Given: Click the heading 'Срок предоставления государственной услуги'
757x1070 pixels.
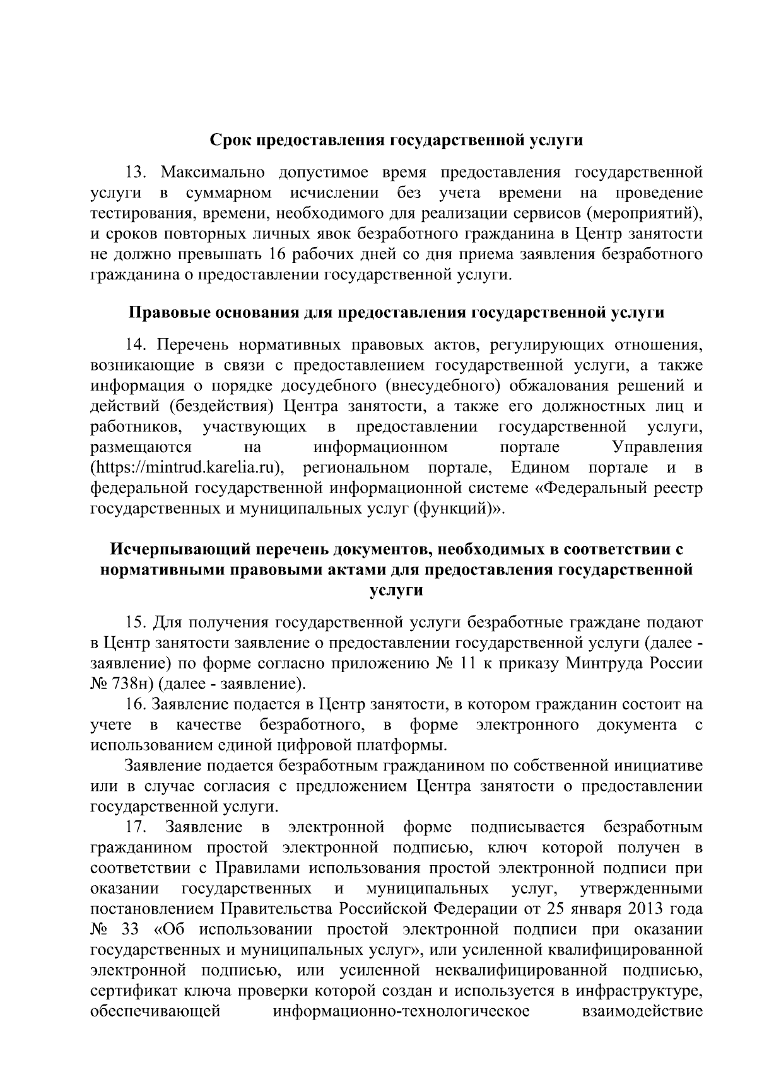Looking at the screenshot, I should tap(396, 140).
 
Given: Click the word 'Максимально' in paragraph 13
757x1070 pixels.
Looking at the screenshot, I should tap(210, 172).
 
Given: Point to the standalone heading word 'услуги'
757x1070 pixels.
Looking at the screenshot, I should tap(396, 590).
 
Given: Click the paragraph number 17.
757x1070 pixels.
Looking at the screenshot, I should tap(137, 827).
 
